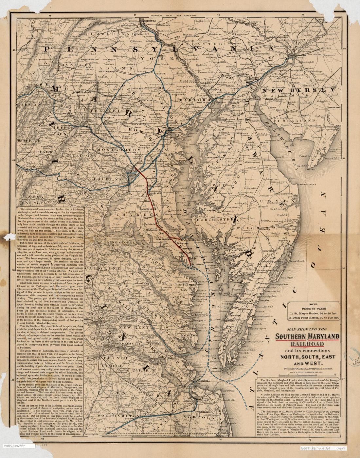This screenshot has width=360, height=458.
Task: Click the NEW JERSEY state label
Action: click(x=298, y=89)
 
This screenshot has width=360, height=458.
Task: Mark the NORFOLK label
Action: click(x=206, y=417)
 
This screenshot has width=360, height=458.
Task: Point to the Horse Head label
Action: click(x=145, y=201)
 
